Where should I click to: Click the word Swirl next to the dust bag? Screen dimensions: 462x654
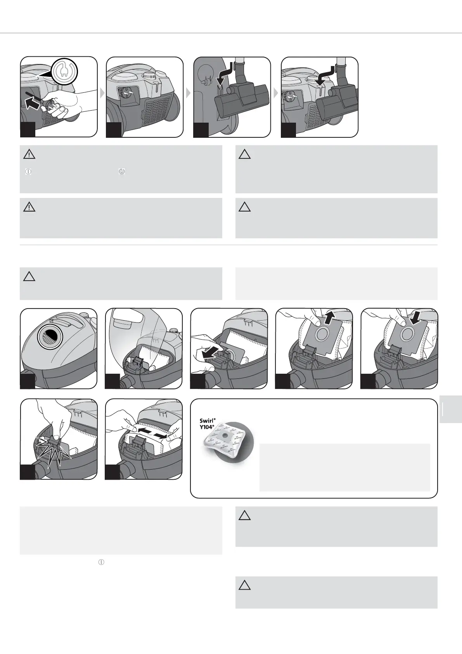207,421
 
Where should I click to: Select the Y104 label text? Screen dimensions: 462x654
207,427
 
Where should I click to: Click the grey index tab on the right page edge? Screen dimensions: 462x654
451,409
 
